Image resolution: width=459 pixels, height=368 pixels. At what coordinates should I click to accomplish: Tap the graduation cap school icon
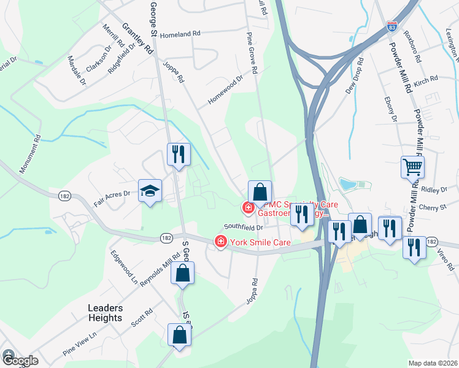pos(150,191)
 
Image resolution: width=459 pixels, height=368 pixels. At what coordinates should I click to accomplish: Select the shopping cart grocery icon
pos(412,166)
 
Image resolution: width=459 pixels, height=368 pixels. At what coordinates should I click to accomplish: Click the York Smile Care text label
pos(260,243)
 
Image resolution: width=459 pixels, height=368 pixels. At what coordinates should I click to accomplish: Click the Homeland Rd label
pos(180,35)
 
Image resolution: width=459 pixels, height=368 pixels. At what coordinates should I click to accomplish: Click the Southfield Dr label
pos(243,227)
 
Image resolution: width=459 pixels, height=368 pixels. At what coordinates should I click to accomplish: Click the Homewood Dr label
pos(225,90)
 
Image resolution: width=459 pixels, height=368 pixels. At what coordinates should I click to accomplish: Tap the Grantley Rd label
pos(137,39)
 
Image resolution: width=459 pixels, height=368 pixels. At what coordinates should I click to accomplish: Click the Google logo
pos(20,360)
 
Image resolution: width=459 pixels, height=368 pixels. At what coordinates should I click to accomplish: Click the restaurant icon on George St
pos(179,155)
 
